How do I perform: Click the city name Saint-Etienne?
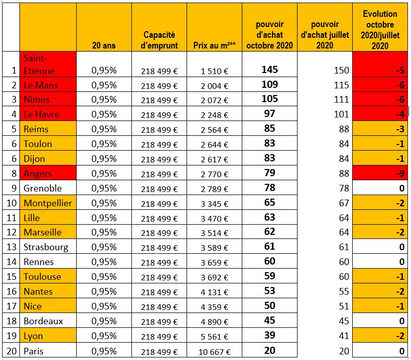click(39, 64)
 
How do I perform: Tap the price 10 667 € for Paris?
click(213, 351)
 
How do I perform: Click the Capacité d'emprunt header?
click(159, 40)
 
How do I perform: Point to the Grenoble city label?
click(43, 188)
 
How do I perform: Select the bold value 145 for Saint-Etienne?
click(269, 69)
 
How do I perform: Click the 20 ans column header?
click(104, 45)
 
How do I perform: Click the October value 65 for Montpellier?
click(269, 203)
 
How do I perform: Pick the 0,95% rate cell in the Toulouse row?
click(104, 277)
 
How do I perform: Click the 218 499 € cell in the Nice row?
click(159, 307)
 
